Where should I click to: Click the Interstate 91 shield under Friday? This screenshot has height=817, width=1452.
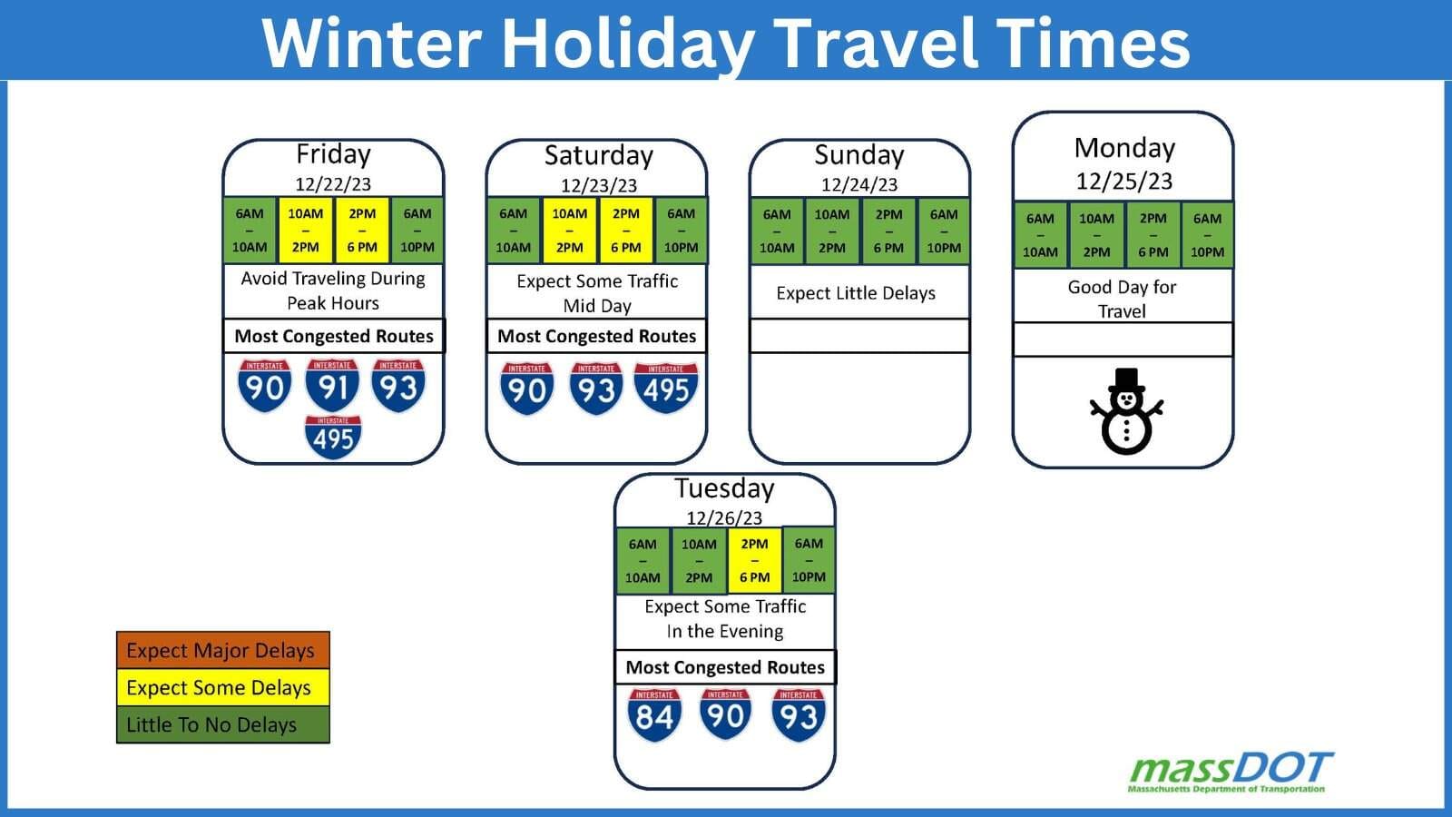pos(332,385)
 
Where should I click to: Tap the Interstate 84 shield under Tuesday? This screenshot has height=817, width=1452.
pos(654,714)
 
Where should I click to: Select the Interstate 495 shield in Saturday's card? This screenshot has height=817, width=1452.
pos(666,388)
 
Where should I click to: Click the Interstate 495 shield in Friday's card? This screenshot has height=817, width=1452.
pos(333,437)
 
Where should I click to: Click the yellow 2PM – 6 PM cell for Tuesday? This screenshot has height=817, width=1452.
pos(754,560)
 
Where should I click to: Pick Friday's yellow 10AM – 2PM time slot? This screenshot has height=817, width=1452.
pos(305,231)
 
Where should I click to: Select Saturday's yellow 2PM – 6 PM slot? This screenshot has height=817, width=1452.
pos(625,231)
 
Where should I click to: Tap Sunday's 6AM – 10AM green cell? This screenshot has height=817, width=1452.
pos(777,231)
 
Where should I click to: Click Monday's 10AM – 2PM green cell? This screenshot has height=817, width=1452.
pos(1096,235)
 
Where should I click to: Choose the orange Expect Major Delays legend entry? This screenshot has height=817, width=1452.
pos(223,650)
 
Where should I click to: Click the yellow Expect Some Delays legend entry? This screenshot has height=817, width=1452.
pos(223,687)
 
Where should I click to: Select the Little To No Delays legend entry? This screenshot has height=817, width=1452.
pos(223,724)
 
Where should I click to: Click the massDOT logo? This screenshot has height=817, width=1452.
pos(1231,773)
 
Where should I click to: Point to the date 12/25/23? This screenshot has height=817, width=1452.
pos(1124,181)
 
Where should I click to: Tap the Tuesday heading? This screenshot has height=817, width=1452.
pos(724,489)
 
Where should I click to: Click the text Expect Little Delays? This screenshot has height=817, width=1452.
pos(856,293)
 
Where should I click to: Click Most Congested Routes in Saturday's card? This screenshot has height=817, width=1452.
pos(596,336)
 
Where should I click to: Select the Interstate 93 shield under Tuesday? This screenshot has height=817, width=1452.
pos(799,714)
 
